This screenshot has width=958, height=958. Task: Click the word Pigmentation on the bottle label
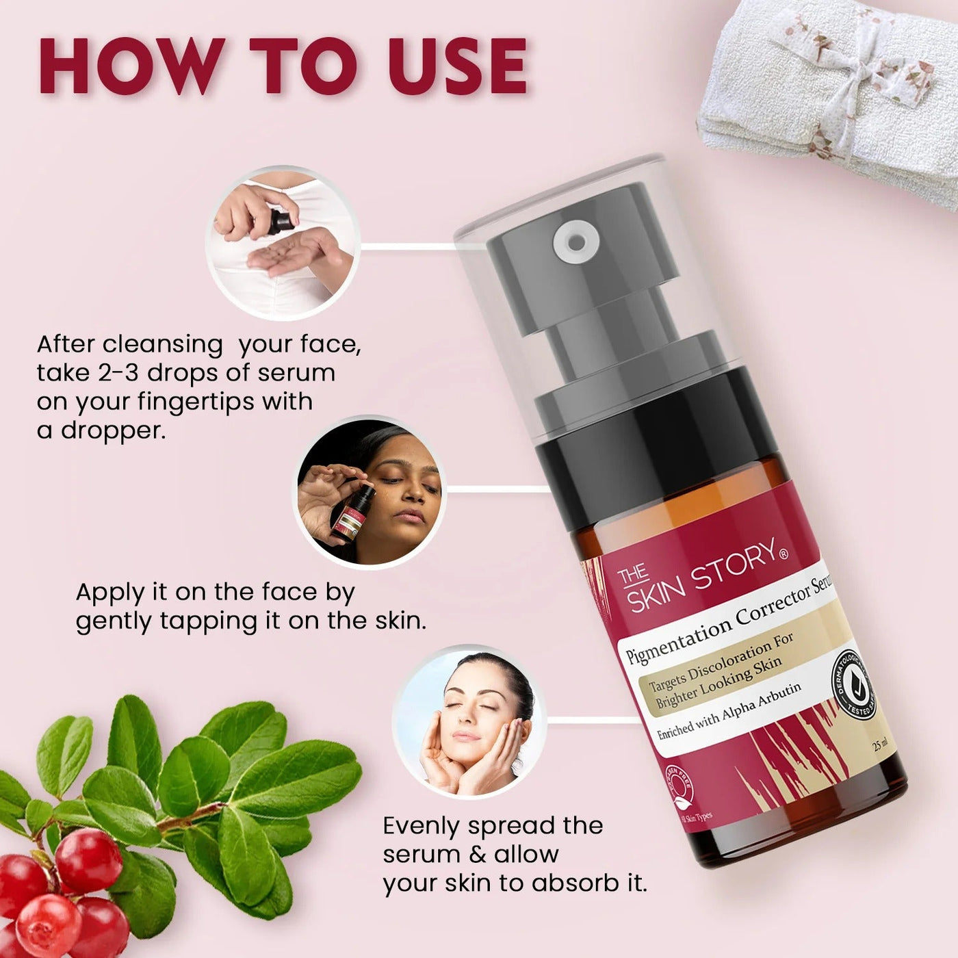(x=677, y=636)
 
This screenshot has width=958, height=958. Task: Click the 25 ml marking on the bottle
(x=881, y=745)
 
